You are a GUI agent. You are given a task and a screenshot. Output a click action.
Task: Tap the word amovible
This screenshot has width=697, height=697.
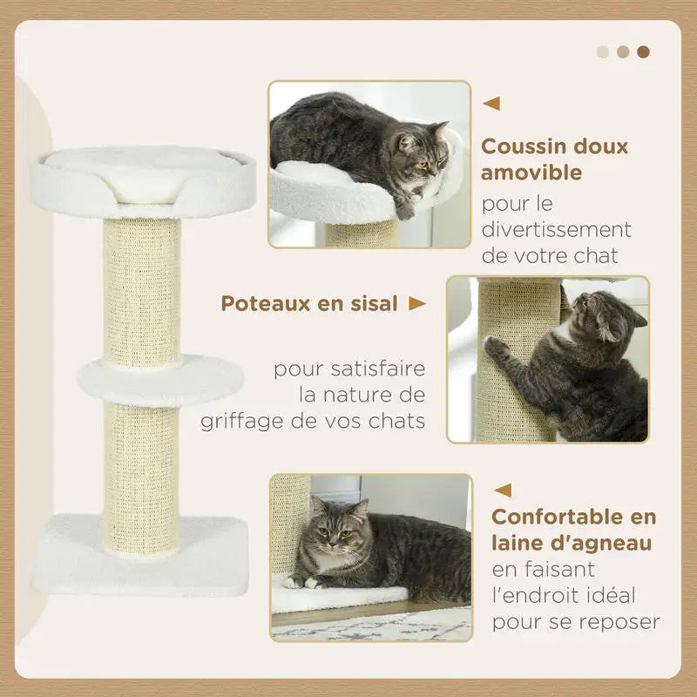point(531,173)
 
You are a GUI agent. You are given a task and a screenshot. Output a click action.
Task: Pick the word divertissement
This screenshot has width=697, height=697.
point(556,231)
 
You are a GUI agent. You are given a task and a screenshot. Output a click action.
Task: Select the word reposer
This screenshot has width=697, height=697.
point(622,622)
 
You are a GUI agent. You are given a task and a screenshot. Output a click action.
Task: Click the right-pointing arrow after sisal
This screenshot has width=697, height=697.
point(417,303)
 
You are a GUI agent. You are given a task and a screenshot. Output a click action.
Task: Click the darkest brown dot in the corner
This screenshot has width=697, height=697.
point(643,51)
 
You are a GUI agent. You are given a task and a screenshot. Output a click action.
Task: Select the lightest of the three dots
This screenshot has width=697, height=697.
point(603,51)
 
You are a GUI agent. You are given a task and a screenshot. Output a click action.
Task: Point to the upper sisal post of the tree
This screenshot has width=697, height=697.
point(142,288)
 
